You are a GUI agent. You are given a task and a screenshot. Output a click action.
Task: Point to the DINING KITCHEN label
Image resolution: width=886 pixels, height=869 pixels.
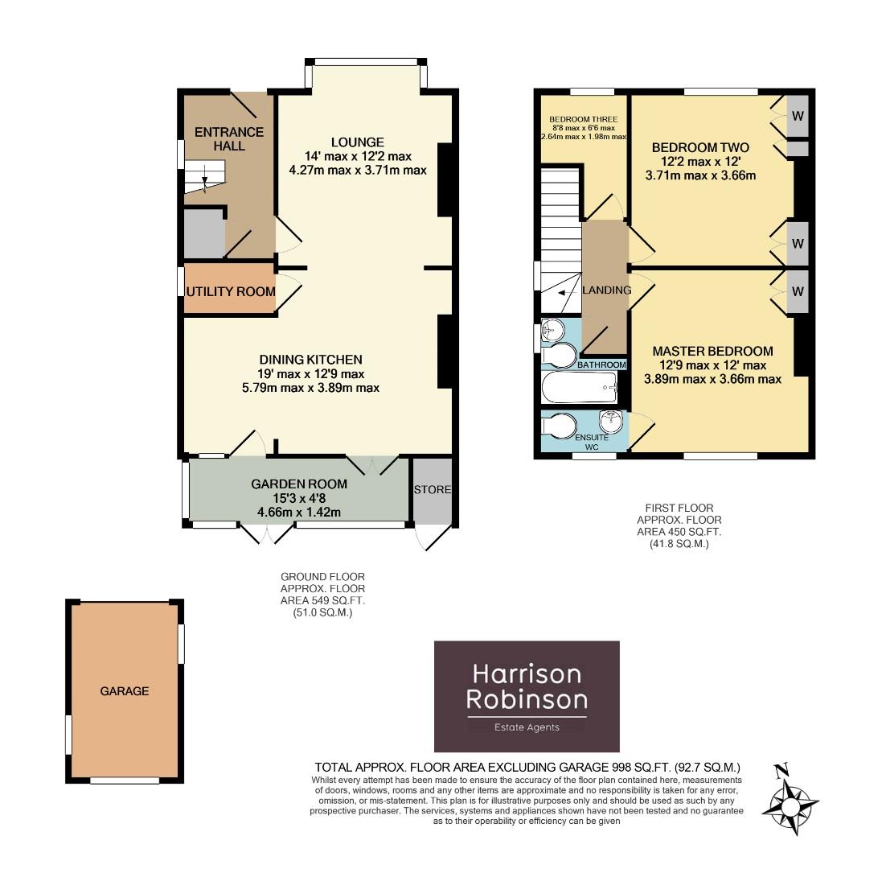tap(310, 360)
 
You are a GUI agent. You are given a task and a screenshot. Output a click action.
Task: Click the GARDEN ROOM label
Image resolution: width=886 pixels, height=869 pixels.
tap(299, 484)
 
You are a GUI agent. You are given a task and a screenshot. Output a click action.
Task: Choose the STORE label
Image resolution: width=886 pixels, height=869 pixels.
tap(433, 489)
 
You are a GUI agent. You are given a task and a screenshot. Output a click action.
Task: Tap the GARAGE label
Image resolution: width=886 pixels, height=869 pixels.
tap(125, 691)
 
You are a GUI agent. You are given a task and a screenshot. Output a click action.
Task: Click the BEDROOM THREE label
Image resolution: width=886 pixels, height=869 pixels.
tap(583, 120)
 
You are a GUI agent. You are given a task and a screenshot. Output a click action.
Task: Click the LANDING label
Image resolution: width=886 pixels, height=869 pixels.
tap(606, 290)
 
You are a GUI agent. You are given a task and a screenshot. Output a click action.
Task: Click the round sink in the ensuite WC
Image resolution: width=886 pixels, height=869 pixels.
tap(611, 420)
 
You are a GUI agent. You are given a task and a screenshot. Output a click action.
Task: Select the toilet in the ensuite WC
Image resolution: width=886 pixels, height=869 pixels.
tap(558, 422)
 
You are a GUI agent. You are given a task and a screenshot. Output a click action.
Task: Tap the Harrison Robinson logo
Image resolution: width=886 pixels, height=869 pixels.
tap(527, 696)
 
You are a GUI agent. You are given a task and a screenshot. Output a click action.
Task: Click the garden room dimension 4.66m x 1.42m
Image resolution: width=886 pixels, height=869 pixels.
tap(299, 511)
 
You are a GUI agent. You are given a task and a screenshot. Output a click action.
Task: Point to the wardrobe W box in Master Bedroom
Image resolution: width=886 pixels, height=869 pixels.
tap(797, 292)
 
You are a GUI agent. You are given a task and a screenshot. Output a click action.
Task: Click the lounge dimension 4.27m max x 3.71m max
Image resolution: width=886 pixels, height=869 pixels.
tap(358, 170)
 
